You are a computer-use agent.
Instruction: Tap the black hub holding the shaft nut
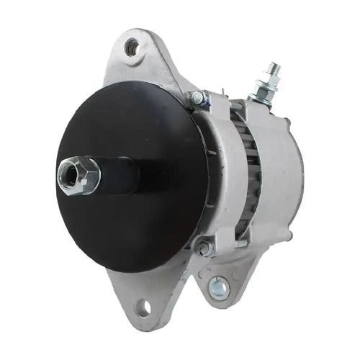119,175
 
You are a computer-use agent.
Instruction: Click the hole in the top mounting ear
131,48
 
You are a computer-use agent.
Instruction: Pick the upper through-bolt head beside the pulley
197,98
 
